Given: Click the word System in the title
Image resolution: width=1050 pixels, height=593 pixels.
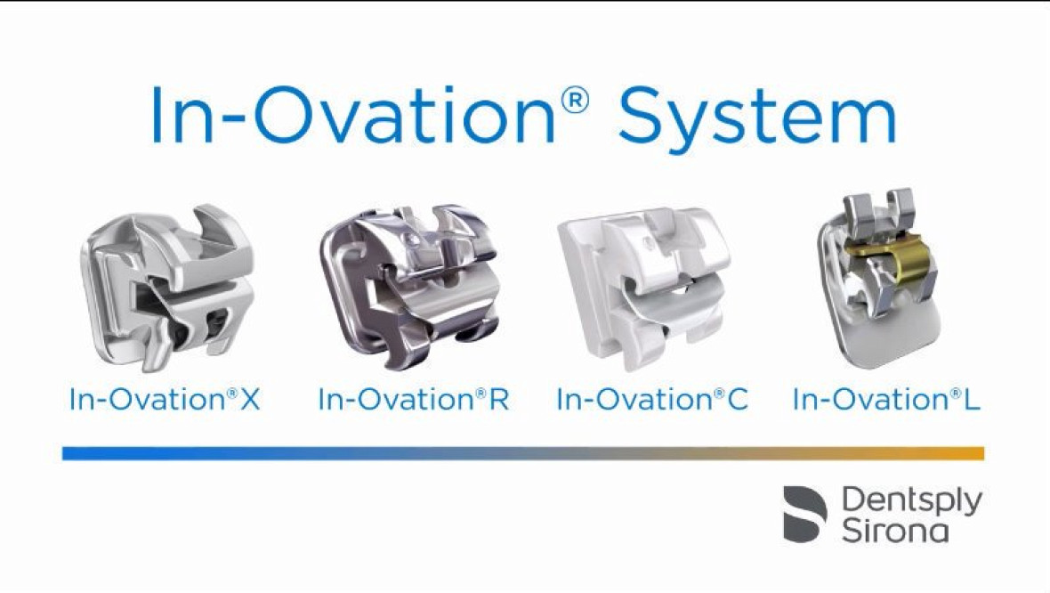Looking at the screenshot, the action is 757,115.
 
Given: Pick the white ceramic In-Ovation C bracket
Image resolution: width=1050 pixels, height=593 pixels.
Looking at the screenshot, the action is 644,289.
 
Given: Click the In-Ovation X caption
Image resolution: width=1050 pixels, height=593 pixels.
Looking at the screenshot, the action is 165,400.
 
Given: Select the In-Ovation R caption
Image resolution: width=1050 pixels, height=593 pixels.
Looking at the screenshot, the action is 414,400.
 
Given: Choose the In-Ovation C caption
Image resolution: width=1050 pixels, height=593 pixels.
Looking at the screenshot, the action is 652,400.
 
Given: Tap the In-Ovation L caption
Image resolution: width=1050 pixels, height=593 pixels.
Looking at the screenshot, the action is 886,400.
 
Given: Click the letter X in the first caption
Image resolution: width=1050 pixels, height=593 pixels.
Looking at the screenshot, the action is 250,400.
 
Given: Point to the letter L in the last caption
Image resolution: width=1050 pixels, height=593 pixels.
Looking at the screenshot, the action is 972,400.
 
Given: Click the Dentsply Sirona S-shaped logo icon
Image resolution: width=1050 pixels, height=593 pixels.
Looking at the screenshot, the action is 805,514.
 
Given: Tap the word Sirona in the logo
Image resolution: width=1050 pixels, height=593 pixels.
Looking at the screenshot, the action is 894,531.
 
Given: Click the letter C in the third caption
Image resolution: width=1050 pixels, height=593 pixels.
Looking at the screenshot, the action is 737,400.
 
